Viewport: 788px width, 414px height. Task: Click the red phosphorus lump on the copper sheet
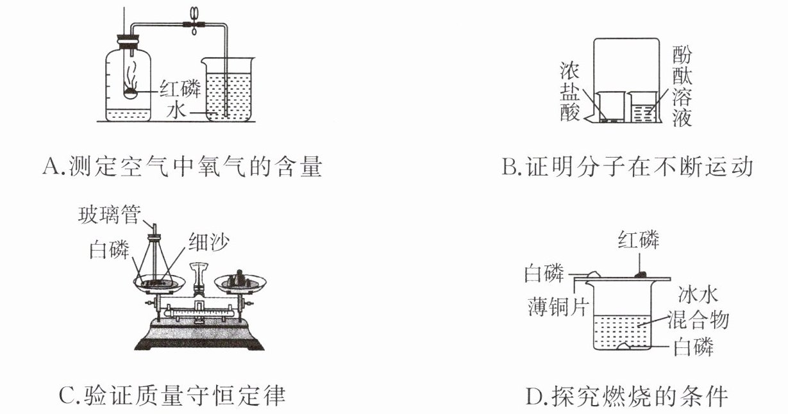pyautogui.click(x=641, y=274)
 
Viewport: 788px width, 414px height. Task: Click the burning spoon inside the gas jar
pyautogui.click(x=132, y=92)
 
